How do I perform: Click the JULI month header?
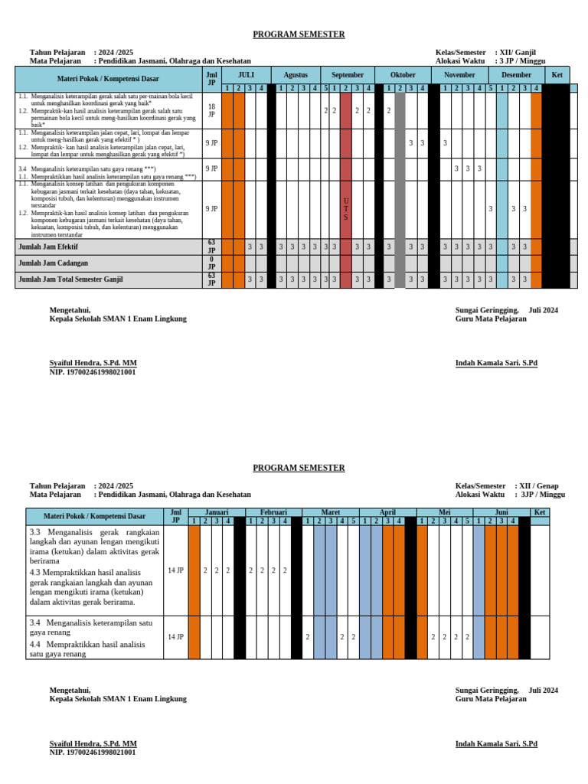click(x=246, y=75)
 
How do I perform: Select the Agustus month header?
click(x=296, y=75)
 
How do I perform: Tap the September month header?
click(x=347, y=75)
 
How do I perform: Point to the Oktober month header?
click(x=403, y=75)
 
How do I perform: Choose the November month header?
click(x=459, y=75)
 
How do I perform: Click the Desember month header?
click(x=516, y=75)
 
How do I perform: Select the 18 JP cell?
click(x=211, y=110)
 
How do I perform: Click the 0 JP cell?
click(x=211, y=263)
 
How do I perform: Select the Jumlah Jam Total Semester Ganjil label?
click(x=70, y=279)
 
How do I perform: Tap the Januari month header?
click(x=216, y=512)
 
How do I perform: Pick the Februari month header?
click(x=273, y=512)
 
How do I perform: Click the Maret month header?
click(x=330, y=512)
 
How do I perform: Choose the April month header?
click(x=387, y=512)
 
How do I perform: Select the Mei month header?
click(x=444, y=512)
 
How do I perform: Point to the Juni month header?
click(x=501, y=512)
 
